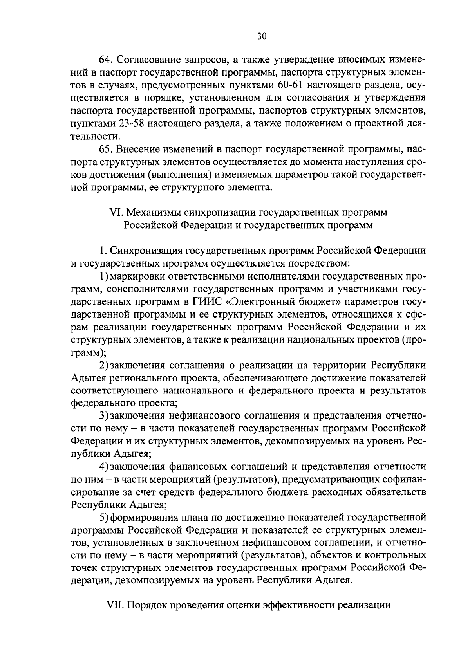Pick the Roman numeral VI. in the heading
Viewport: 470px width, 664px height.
pyautogui.click(x=116, y=213)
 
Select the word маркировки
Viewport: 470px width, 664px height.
pyautogui.click(x=136, y=277)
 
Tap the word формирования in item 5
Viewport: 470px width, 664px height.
pyautogui.click(x=139, y=518)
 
